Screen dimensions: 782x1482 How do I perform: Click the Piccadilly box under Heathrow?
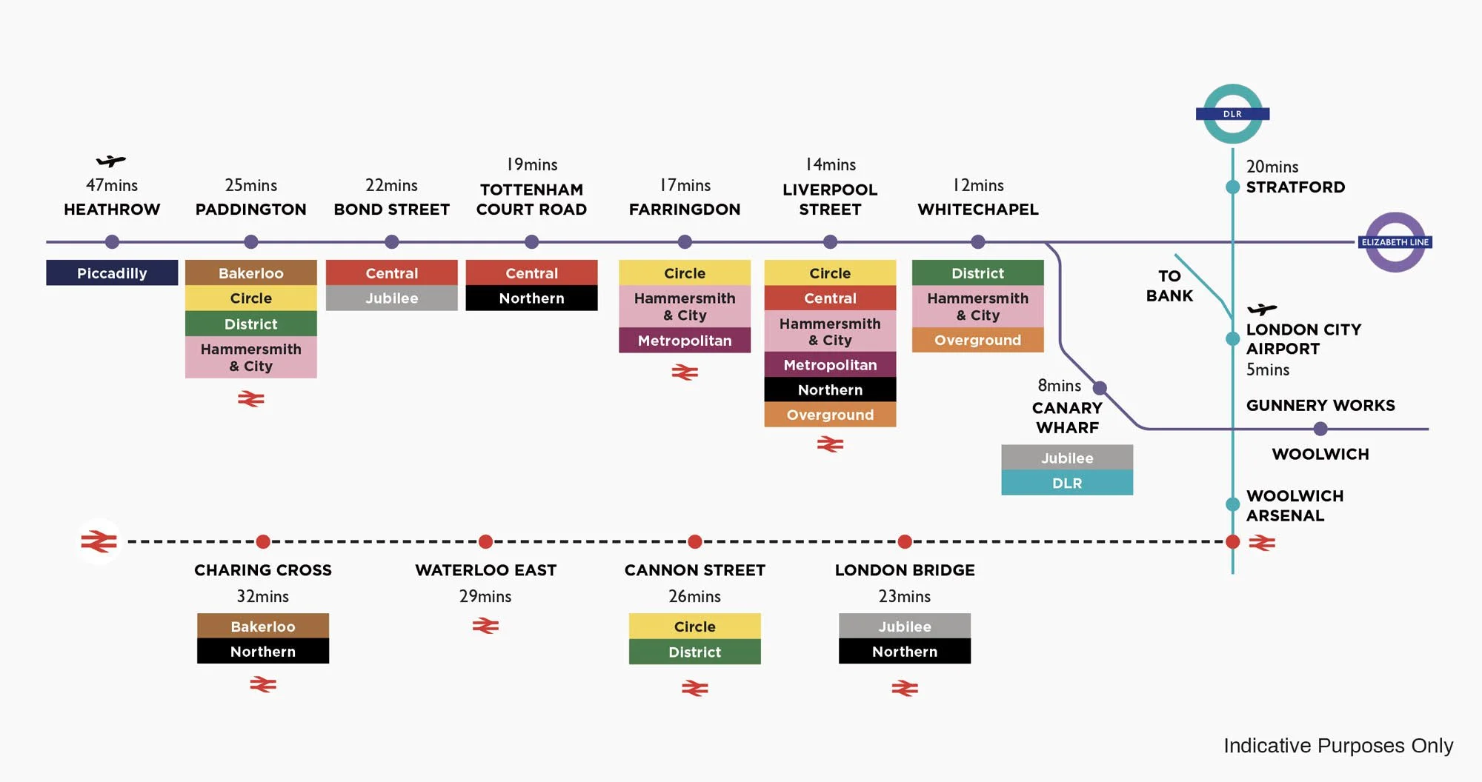tap(112, 273)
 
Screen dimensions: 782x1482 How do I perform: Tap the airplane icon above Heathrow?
tap(111, 161)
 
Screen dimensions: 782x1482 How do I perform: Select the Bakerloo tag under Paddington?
tap(250, 273)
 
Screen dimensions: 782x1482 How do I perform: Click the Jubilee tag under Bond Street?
tap(391, 298)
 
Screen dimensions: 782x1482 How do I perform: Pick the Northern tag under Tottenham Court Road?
tap(531, 298)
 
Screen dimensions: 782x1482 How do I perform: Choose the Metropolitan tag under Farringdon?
tap(684, 341)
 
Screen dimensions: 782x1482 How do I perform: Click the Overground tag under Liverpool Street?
tap(830, 415)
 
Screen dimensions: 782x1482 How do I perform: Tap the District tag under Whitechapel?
tap(977, 273)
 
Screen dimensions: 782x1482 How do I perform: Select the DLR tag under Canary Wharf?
tap(1066, 483)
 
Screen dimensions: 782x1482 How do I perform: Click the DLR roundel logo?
tap(1232, 114)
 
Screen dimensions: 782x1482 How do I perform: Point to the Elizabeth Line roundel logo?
tap(1395, 242)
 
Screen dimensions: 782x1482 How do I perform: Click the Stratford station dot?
tap(1232, 187)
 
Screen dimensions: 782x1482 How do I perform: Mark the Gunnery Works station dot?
tap(1320, 429)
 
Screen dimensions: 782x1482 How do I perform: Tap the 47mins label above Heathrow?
tap(112, 185)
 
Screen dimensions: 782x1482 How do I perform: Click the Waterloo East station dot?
tap(485, 542)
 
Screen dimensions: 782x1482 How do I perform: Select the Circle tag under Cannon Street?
tap(694, 626)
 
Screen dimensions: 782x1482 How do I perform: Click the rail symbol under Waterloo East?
tap(485, 626)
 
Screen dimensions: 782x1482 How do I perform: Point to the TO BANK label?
tap(1169, 286)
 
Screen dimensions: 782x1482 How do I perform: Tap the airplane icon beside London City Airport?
tap(1262, 309)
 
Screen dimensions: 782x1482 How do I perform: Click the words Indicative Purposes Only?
tap(1338, 746)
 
